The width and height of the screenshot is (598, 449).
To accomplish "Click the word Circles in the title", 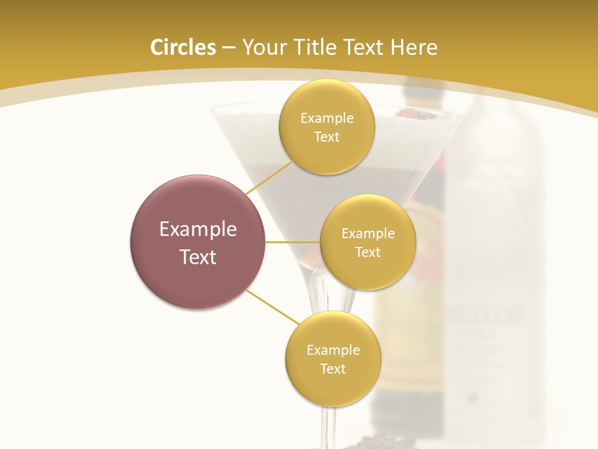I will coord(183,47).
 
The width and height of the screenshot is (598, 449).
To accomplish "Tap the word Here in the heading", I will coord(414,47).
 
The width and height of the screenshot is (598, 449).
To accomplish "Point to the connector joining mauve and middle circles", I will coord(293,242).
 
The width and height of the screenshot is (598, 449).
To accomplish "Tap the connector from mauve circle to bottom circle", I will coord(273,307).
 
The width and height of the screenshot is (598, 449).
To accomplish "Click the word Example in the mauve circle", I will coord(198,229).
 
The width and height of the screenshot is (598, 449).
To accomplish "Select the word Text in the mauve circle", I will coord(198,256).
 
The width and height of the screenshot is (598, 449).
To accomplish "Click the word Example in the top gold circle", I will coord(327,118).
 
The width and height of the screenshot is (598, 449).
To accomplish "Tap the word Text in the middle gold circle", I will coord(368,252).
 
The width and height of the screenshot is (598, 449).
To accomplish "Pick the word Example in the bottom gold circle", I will coord(333,350).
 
